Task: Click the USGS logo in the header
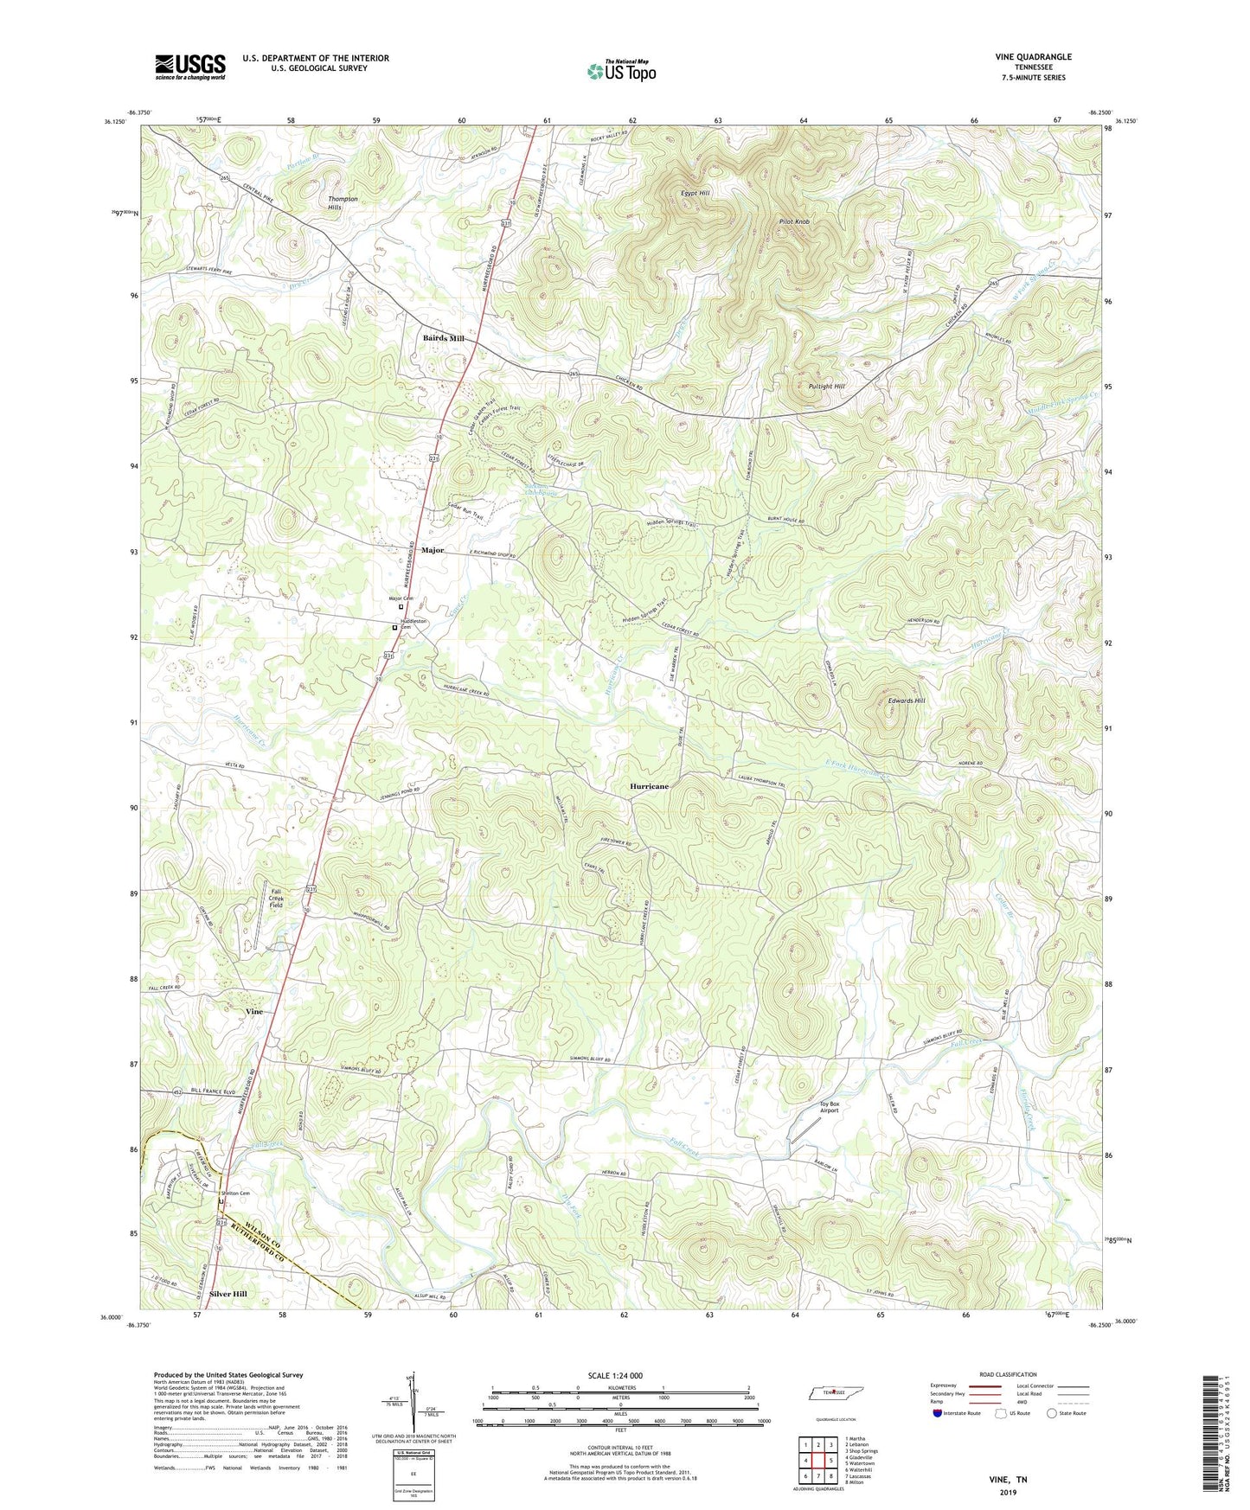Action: (x=190, y=66)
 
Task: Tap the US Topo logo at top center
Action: (x=621, y=71)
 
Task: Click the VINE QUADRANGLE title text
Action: (x=1034, y=57)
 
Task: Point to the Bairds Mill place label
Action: (x=443, y=338)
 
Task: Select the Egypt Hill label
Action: (x=696, y=193)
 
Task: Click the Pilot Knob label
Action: (x=793, y=222)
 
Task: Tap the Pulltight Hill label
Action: (x=826, y=387)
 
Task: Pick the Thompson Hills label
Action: (x=343, y=203)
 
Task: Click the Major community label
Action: (x=433, y=550)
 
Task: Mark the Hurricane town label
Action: (x=649, y=786)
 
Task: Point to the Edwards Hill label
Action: (x=907, y=701)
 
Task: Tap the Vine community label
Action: (x=253, y=1011)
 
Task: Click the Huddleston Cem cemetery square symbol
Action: (x=394, y=628)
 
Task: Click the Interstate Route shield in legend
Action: (x=937, y=1413)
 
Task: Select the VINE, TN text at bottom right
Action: (x=1008, y=1480)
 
